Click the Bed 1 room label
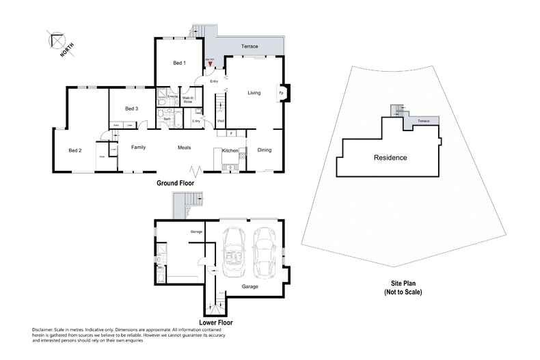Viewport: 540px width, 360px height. coord(179,63)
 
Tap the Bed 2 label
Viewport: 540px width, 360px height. coord(75,150)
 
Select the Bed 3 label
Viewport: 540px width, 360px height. coord(132,109)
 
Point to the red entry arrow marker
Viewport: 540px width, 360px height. coord(211,64)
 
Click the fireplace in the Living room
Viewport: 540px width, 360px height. coord(281,92)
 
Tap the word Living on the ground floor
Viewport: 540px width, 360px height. coord(254,93)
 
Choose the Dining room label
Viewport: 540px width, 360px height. coord(265,150)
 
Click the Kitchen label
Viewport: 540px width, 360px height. coord(230,150)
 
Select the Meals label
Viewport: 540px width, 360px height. coord(184,147)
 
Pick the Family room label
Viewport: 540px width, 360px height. coord(139,147)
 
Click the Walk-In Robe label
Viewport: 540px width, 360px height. coord(187,100)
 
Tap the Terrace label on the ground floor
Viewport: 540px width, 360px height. coord(249,46)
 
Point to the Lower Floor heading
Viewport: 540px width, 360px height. coord(216,321)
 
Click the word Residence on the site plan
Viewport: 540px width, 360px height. coord(390,158)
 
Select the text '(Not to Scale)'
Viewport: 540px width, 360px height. coord(403,292)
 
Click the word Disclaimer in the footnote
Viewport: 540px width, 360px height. coord(44,329)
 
